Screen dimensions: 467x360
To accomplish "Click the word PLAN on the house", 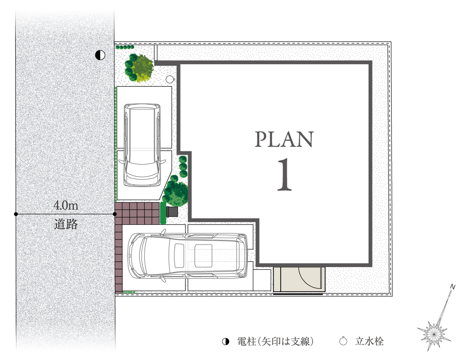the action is point(284,139).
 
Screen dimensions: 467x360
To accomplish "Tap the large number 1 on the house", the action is point(284,174).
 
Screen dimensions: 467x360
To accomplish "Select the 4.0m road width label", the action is point(66,205).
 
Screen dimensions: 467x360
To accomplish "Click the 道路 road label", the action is point(66,224).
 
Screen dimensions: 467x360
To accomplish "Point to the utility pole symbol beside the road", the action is point(100,55).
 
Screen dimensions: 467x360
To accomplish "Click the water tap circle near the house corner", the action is point(170,79).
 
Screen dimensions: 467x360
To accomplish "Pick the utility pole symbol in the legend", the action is point(225,341).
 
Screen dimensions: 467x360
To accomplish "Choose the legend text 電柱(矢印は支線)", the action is point(275,341).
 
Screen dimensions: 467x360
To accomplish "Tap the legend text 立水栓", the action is point(369,341).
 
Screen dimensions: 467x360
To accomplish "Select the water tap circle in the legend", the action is point(343,341).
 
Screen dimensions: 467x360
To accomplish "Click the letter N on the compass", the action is point(453,287).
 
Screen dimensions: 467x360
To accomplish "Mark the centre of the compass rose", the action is point(434,334).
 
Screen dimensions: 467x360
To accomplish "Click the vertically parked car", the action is point(142,145).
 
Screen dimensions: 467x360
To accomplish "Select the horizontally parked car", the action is point(187,256).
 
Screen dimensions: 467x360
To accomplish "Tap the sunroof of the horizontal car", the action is point(203,256).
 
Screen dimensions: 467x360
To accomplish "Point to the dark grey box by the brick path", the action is point(172,212).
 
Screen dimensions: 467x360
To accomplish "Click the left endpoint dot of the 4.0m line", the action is point(16,214).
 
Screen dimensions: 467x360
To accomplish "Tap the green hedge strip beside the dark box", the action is point(163,213).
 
